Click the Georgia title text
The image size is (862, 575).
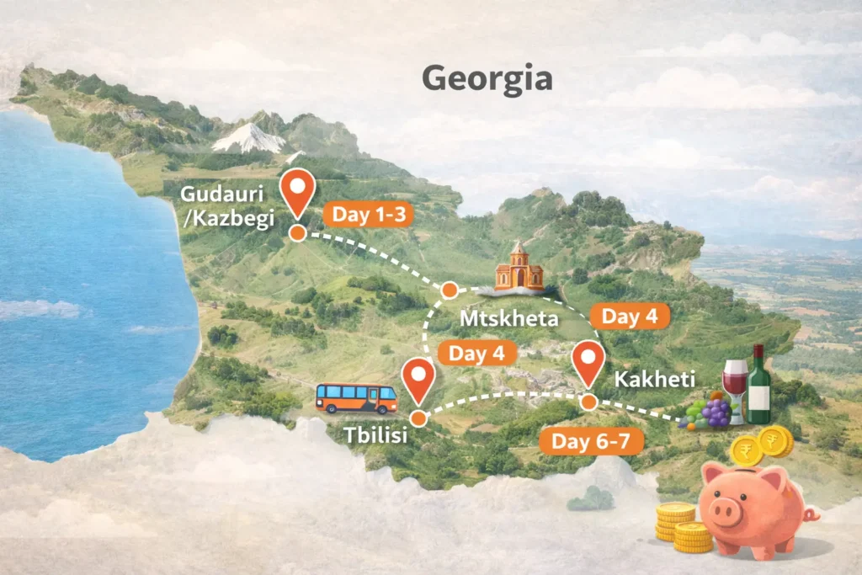(x=487, y=78)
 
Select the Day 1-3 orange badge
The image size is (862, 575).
(x=369, y=215)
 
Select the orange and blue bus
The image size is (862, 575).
(x=356, y=397)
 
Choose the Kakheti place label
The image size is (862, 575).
(x=648, y=379)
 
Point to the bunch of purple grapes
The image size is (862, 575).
(x=715, y=413)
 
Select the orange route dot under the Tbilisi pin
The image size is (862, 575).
(x=418, y=418)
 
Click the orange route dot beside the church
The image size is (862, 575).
(x=450, y=290)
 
